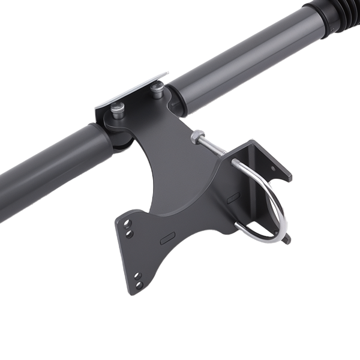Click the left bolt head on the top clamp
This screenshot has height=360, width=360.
pos(116,109)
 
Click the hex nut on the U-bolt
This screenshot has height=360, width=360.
pos(197,137)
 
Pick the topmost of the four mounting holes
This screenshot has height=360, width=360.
pos(127,223)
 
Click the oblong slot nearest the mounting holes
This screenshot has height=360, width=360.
pos(167,239)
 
